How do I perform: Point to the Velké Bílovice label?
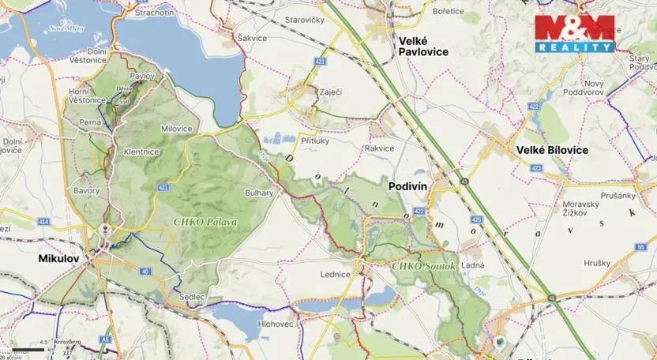click(x=552, y=149)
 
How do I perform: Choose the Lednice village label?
click(x=335, y=274)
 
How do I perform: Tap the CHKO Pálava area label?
click(x=205, y=222)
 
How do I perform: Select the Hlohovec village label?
click(x=275, y=324)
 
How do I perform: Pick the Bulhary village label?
click(x=259, y=193)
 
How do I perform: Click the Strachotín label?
click(x=154, y=13)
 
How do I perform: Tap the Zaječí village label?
click(x=330, y=92)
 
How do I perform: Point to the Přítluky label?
click(x=316, y=138)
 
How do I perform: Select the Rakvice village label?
click(x=379, y=148)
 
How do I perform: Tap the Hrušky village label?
click(x=597, y=263)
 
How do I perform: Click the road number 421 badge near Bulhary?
click(x=163, y=187)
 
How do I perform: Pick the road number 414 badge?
click(x=43, y=223)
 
